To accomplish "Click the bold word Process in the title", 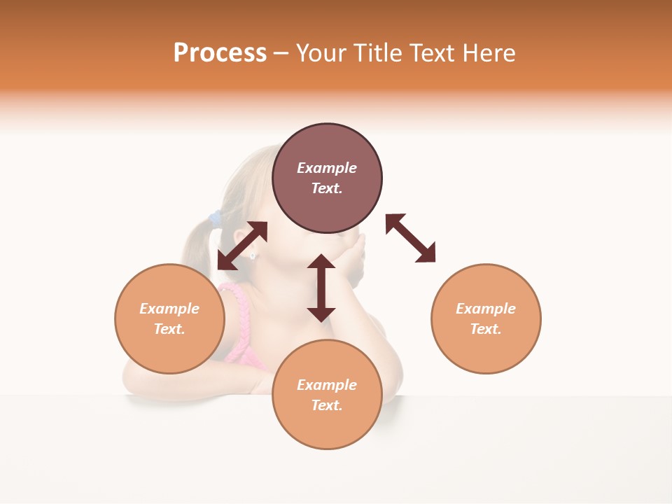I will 220,53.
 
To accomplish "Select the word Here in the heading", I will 489,53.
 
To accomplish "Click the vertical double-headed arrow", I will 321,288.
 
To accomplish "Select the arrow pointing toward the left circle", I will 242,246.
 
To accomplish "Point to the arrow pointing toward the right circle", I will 411,238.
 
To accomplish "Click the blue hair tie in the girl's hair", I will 216,218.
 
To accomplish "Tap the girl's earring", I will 252,256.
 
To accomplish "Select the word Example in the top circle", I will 327,168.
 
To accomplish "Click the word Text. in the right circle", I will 486,329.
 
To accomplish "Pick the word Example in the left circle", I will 169,309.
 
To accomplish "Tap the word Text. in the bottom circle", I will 327,405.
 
